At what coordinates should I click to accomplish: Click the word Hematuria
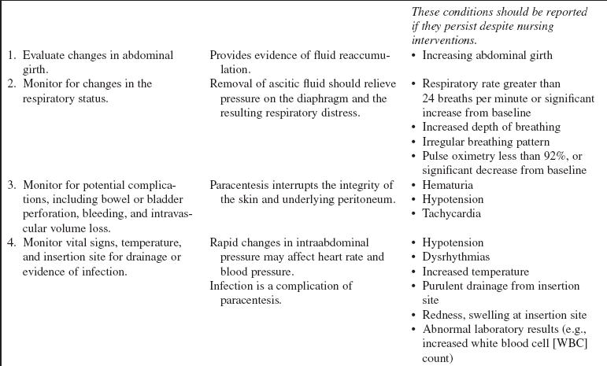447,185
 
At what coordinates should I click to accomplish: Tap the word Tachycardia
450,213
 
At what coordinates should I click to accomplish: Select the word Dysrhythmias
453,257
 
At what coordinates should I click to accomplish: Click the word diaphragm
335,98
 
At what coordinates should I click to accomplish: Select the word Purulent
444,285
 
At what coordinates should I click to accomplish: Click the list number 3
11,185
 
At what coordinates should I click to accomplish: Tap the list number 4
11,242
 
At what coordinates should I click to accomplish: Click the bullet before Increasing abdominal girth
414,56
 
